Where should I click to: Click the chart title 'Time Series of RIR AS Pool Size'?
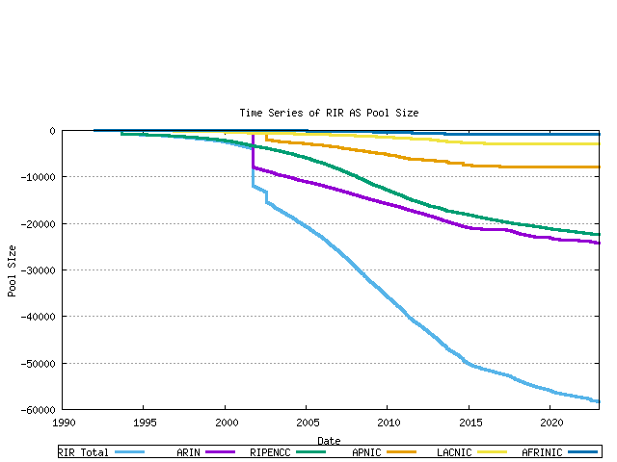[x=329, y=113]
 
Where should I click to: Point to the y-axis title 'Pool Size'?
[x=13, y=269]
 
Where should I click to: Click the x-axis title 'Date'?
[x=329, y=441]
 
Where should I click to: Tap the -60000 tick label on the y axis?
[x=38, y=410]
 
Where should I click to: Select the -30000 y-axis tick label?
[x=38, y=270]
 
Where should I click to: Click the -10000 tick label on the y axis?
[x=38, y=177]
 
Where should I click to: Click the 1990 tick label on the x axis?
[x=64, y=423]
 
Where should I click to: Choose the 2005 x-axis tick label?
[x=307, y=423]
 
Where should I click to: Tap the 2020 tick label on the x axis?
[x=550, y=423]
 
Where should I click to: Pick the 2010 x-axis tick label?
[x=388, y=423]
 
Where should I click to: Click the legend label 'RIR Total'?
[x=83, y=452]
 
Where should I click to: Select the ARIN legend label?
[x=189, y=452]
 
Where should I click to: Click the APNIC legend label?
[x=369, y=452]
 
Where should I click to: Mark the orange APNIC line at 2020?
[x=550, y=167]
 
